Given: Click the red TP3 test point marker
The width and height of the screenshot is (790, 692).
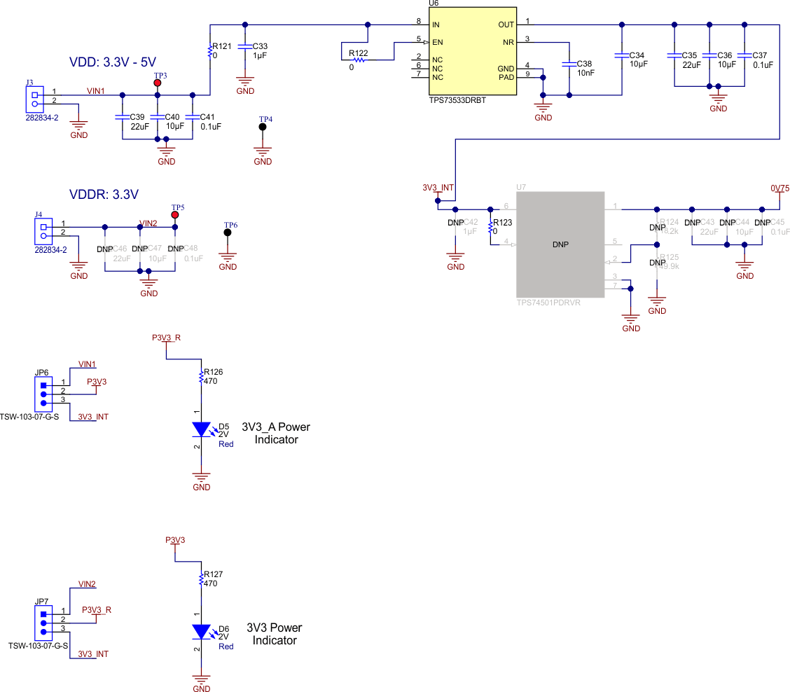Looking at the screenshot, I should (158, 83).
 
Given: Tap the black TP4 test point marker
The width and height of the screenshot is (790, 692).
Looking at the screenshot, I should (263, 127).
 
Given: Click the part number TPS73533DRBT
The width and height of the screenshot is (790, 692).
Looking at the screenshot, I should (457, 100).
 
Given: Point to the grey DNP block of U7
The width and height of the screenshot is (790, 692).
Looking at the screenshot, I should (560, 244).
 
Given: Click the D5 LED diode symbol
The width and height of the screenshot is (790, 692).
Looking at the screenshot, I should (202, 429).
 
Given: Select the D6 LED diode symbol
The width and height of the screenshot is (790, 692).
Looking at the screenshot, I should (202, 631).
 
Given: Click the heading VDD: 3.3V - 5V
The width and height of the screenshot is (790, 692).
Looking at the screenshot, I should (112, 62).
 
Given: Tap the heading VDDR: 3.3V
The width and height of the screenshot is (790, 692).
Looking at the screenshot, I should (104, 194).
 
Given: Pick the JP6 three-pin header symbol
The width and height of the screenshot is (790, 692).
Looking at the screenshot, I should (43, 393).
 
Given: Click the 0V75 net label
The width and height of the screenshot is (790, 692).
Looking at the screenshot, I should (780, 188).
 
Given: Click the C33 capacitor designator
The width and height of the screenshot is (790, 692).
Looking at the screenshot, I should (259, 46).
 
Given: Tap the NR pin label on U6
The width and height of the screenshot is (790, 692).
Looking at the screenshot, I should (508, 42).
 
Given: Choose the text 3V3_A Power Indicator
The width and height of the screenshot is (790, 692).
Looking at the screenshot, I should (276, 434).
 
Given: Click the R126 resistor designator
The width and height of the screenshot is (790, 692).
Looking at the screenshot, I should (213, 372).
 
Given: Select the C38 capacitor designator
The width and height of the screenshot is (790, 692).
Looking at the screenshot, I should (584, 63).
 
